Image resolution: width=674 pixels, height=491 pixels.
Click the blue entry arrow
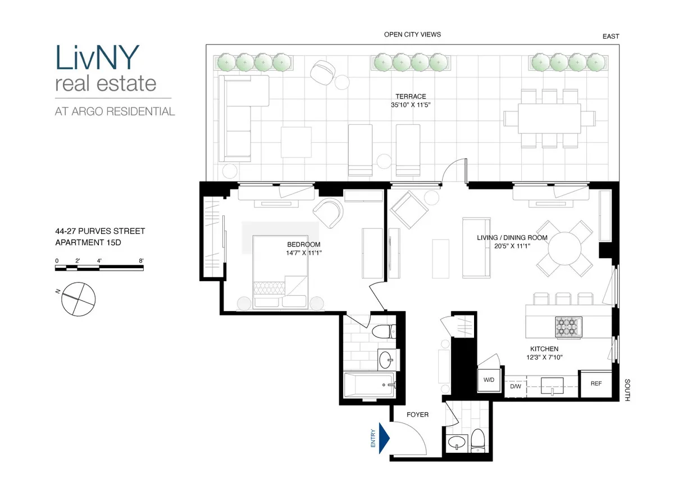tap(385, 438)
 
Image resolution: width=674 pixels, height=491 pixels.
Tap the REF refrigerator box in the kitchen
tap(596, 384)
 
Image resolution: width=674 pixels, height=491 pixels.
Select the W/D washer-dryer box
tap(489, 381)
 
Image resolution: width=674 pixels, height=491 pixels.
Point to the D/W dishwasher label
tap(516, 387)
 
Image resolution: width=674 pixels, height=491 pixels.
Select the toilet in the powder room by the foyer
tap(478, 439)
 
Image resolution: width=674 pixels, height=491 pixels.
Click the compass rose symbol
tap(79, 299)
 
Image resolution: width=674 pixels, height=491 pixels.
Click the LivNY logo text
tap(98, 57)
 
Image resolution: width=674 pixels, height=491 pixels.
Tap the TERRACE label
tap(411, 97)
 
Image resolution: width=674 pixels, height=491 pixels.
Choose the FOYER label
tap(417, 415)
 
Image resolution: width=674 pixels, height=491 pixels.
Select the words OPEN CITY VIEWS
tap(412, 34)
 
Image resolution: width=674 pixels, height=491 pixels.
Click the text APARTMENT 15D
tap(88, 243)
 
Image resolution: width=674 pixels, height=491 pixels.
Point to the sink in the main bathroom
tap(385, 358)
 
